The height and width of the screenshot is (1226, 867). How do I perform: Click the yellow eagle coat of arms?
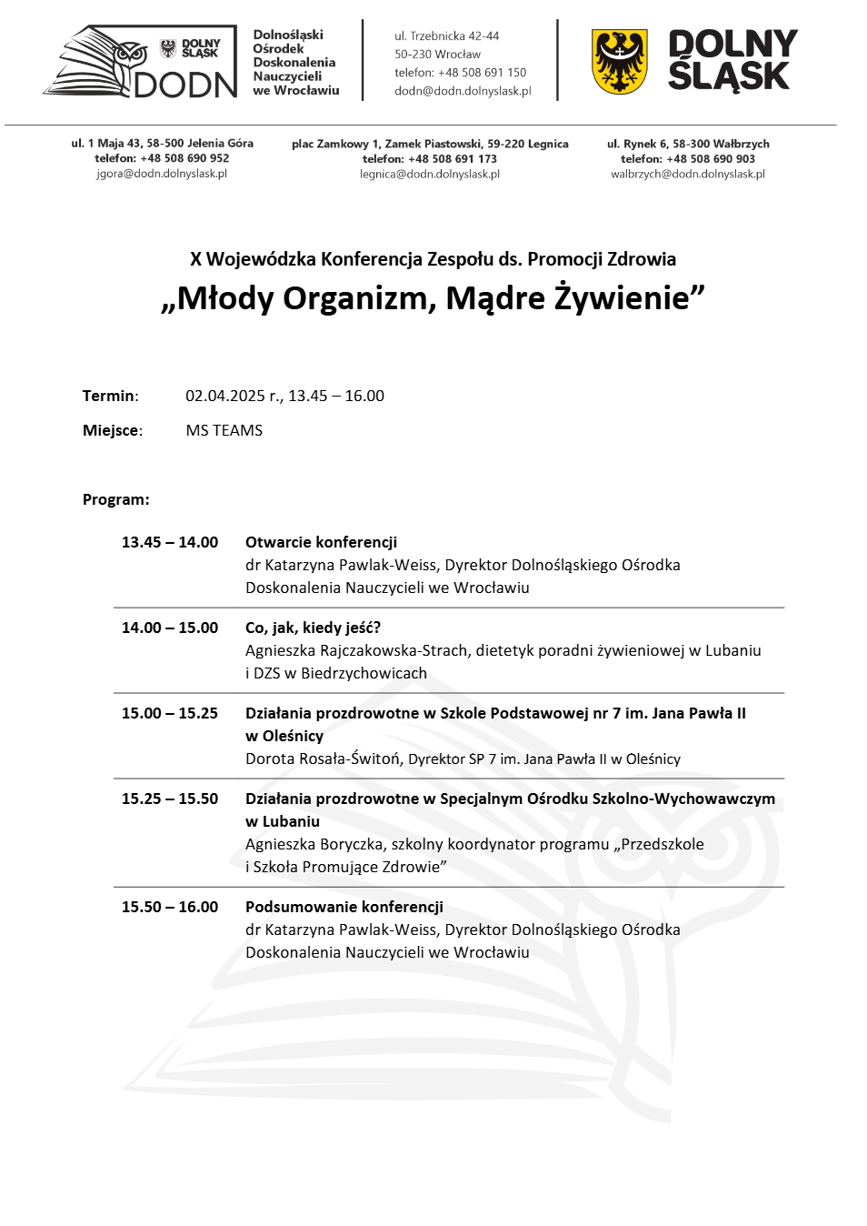point(619,62)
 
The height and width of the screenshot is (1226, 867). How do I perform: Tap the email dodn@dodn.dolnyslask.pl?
point(463,91)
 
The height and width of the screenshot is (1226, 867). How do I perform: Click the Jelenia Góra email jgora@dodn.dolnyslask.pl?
point(162,174)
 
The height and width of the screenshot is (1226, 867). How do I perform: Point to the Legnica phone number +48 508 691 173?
point(453,159)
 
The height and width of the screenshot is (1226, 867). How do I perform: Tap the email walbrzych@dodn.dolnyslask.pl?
point(688,174)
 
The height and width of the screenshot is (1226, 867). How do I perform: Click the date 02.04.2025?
point(224,396)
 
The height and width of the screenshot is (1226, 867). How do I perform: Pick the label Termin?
point(109,396)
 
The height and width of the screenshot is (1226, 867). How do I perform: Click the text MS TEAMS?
point(224,430)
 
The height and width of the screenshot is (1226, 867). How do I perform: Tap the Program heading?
point(115,499)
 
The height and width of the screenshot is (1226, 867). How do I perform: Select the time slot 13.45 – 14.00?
point(170,542)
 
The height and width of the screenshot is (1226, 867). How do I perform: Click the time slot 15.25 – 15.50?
point(170,799)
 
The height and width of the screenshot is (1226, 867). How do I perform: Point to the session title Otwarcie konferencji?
point(321,542)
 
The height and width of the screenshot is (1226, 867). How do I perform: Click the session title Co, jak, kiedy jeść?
point(313,628)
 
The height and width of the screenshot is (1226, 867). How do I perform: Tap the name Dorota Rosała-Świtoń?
point(323,759)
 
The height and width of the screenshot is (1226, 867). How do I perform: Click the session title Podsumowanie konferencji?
point(344,907)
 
